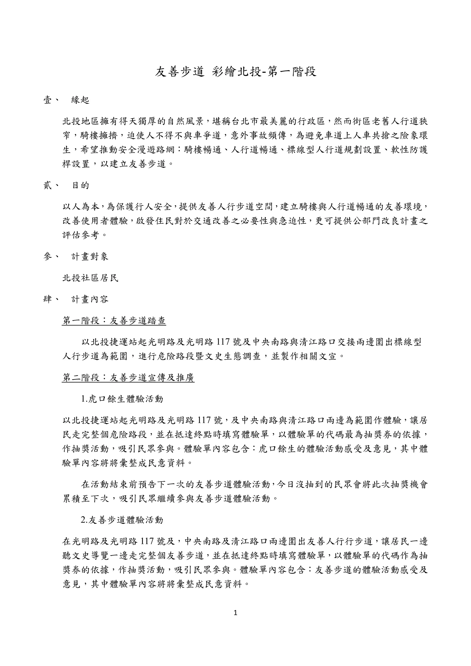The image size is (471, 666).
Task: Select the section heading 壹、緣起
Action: tap(66, 100)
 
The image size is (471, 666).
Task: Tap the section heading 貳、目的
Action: tap(66, 186)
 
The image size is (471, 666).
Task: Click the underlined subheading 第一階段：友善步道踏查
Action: tap(114, 321)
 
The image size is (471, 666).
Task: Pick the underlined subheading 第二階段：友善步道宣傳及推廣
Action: tap(128, 378)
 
